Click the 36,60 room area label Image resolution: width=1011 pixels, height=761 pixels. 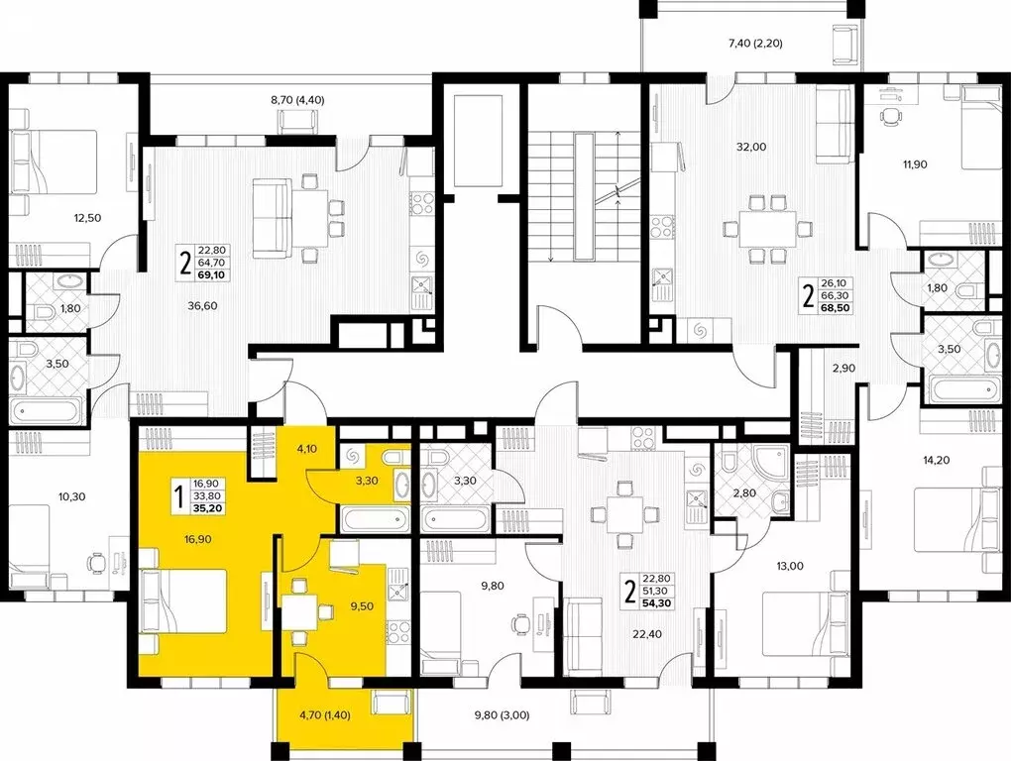tap(202, 306)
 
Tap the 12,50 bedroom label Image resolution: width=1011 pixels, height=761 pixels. tap(87, 217)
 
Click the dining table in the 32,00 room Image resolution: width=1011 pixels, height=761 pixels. tap(765, 230)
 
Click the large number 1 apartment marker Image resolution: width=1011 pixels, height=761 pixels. tap(179, 496)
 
